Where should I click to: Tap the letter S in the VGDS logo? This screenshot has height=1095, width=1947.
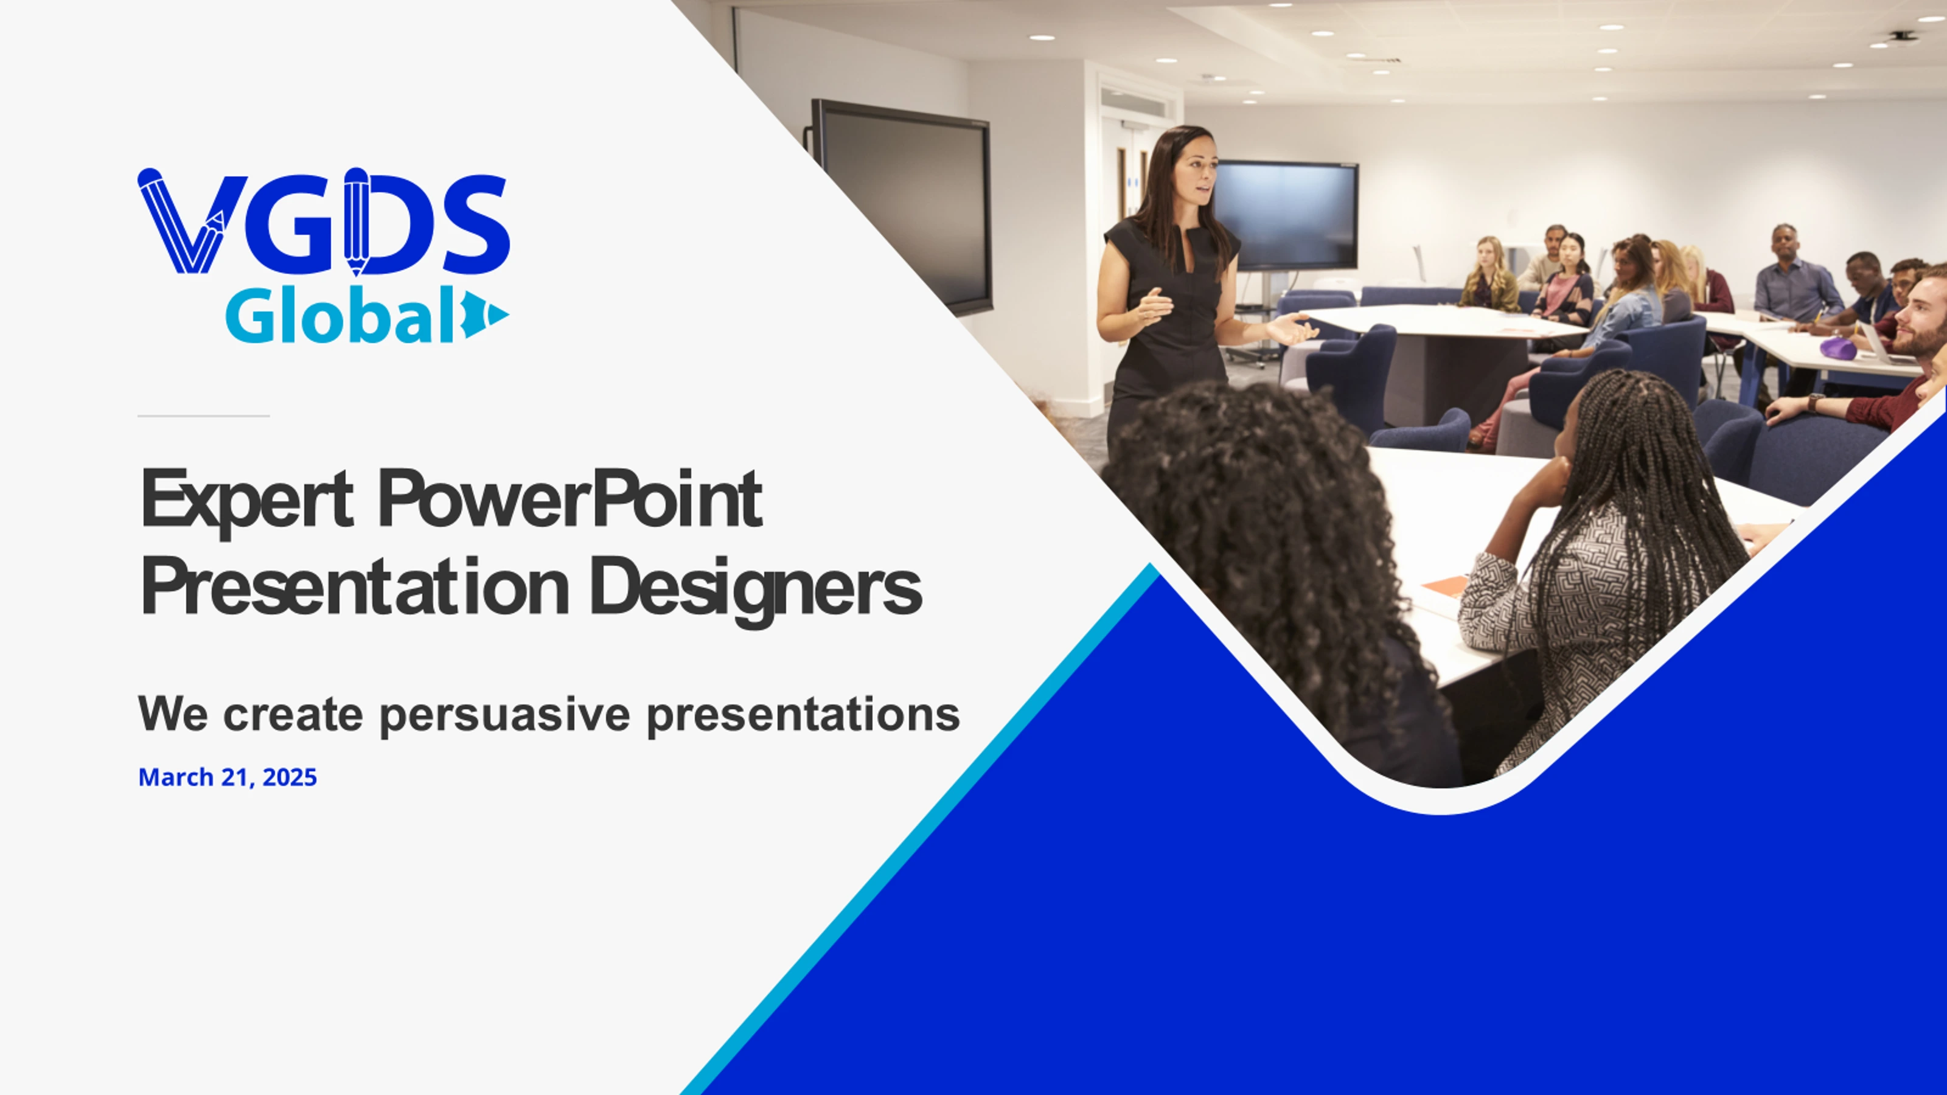tap(475, 224)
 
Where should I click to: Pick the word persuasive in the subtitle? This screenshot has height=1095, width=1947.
tap(504, 715)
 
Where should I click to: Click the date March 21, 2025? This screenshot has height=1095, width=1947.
tap(228, 777)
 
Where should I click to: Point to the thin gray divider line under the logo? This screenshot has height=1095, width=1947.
tap(203, 415)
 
